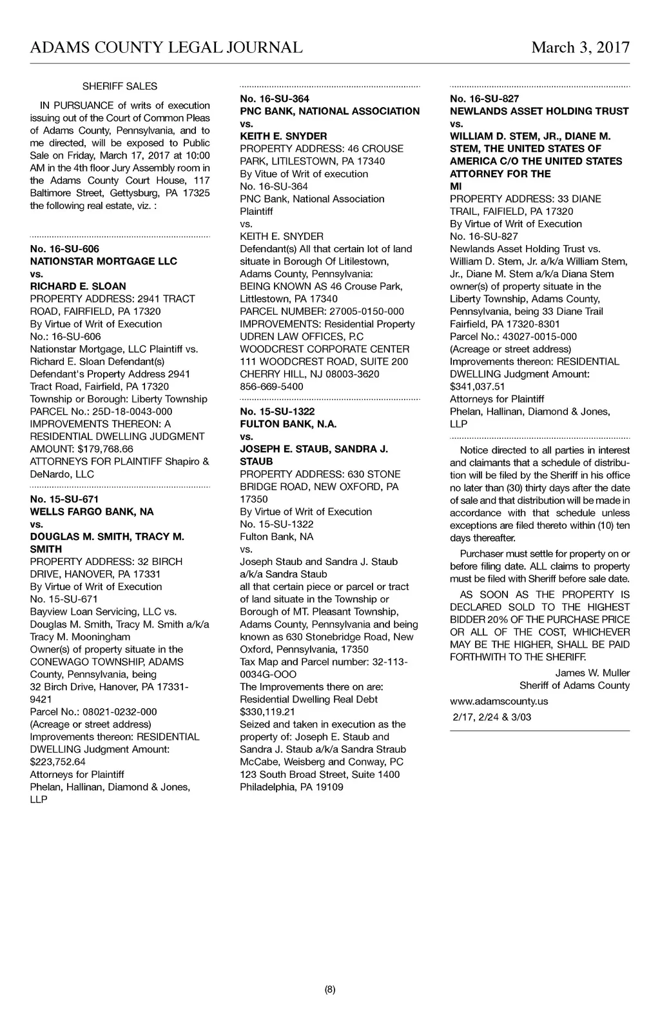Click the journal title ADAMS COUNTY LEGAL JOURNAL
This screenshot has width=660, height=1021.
(166, 47)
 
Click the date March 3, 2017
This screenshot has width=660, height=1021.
(580, 47)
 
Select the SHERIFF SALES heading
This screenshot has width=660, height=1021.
(120, 86)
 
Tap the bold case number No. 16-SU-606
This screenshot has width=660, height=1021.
(64, 248)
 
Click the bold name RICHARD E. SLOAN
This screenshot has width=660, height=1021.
(78, 286)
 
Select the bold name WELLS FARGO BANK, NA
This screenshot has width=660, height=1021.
(92, 511)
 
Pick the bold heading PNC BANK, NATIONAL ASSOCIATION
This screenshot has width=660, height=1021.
(329, 111)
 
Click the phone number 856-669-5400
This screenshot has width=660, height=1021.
(271, 386)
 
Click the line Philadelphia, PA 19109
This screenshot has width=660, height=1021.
(291, 787)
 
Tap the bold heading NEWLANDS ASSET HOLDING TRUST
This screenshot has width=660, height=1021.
(539, 111)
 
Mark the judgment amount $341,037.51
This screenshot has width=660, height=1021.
(477, 386)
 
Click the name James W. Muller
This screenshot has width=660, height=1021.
(592, 673)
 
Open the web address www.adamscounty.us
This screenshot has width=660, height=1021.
(499, 700)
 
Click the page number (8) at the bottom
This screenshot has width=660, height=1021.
(330, 990)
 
